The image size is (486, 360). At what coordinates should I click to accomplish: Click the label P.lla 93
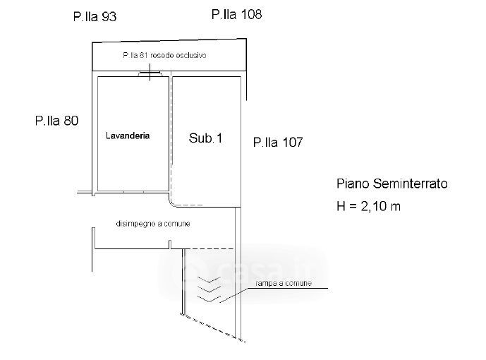(95, 17)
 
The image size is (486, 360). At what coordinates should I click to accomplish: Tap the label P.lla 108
(237, 13)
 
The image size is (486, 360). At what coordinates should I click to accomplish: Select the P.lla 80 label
(56, 121)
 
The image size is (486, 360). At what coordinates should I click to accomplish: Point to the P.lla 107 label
(277, 143)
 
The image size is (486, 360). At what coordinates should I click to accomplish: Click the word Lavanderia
(128, 136)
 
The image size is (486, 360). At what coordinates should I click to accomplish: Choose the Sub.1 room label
(205, 138)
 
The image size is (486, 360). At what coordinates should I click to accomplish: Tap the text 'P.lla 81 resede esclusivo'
(164, 55)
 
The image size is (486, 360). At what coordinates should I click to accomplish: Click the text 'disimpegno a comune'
(153, 224)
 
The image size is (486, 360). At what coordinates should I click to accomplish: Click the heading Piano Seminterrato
(391, 184)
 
